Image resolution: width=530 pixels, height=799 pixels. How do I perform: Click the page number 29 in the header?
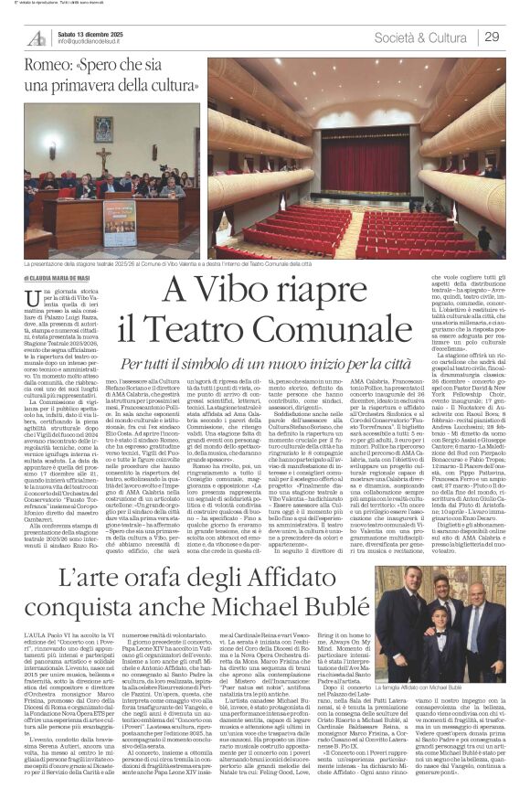click(x=492, y=37)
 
